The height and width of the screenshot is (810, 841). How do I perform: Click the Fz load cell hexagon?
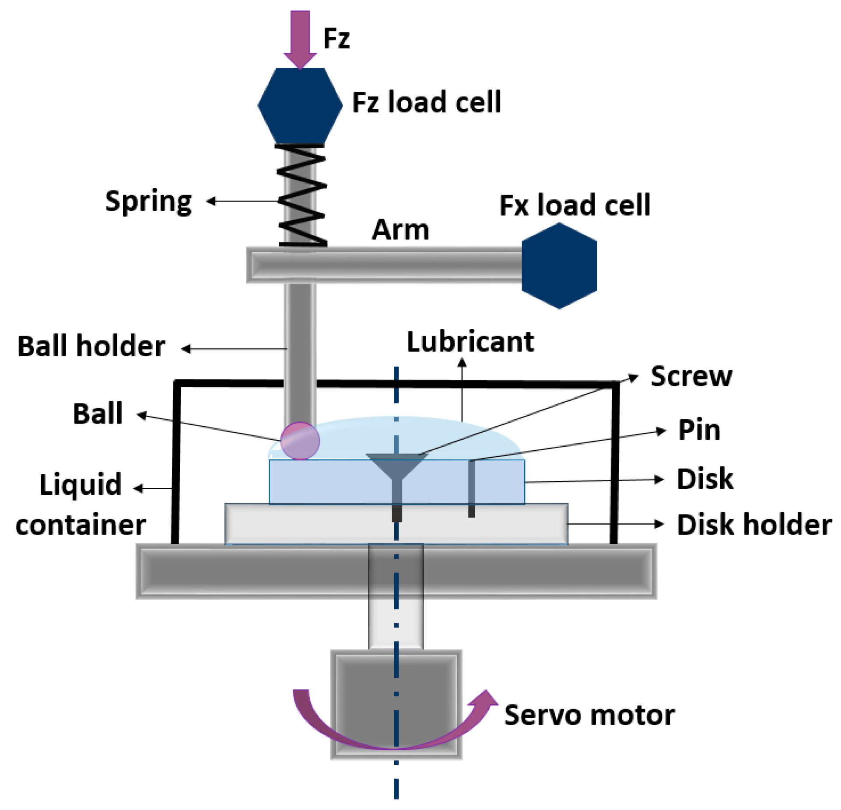click(x=300, y=105)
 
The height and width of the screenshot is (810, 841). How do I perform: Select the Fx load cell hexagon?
click(x=559, y=266)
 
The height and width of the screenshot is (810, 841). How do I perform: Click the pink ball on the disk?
click(x=300, y=440)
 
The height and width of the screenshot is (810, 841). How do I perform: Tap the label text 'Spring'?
click(x=148, y=202)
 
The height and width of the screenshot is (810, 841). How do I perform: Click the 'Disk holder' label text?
click(x=753, y=524)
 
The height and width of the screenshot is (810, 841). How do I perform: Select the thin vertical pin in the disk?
click(x=471, y=487)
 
